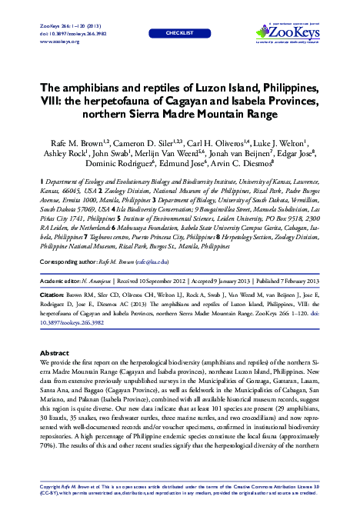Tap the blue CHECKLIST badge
click(x=179, y=35)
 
